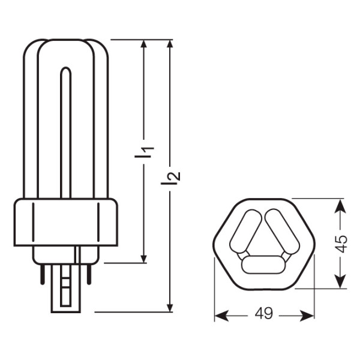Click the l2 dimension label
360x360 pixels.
pos(173,177)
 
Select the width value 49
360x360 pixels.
pos(264,314)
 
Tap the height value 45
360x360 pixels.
pos(340,244)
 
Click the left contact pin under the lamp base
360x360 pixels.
pos(43,274)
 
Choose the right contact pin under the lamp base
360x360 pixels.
pos(89,274)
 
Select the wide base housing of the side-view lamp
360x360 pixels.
pos(66,222)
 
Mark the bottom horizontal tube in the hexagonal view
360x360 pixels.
pos(263,263)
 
